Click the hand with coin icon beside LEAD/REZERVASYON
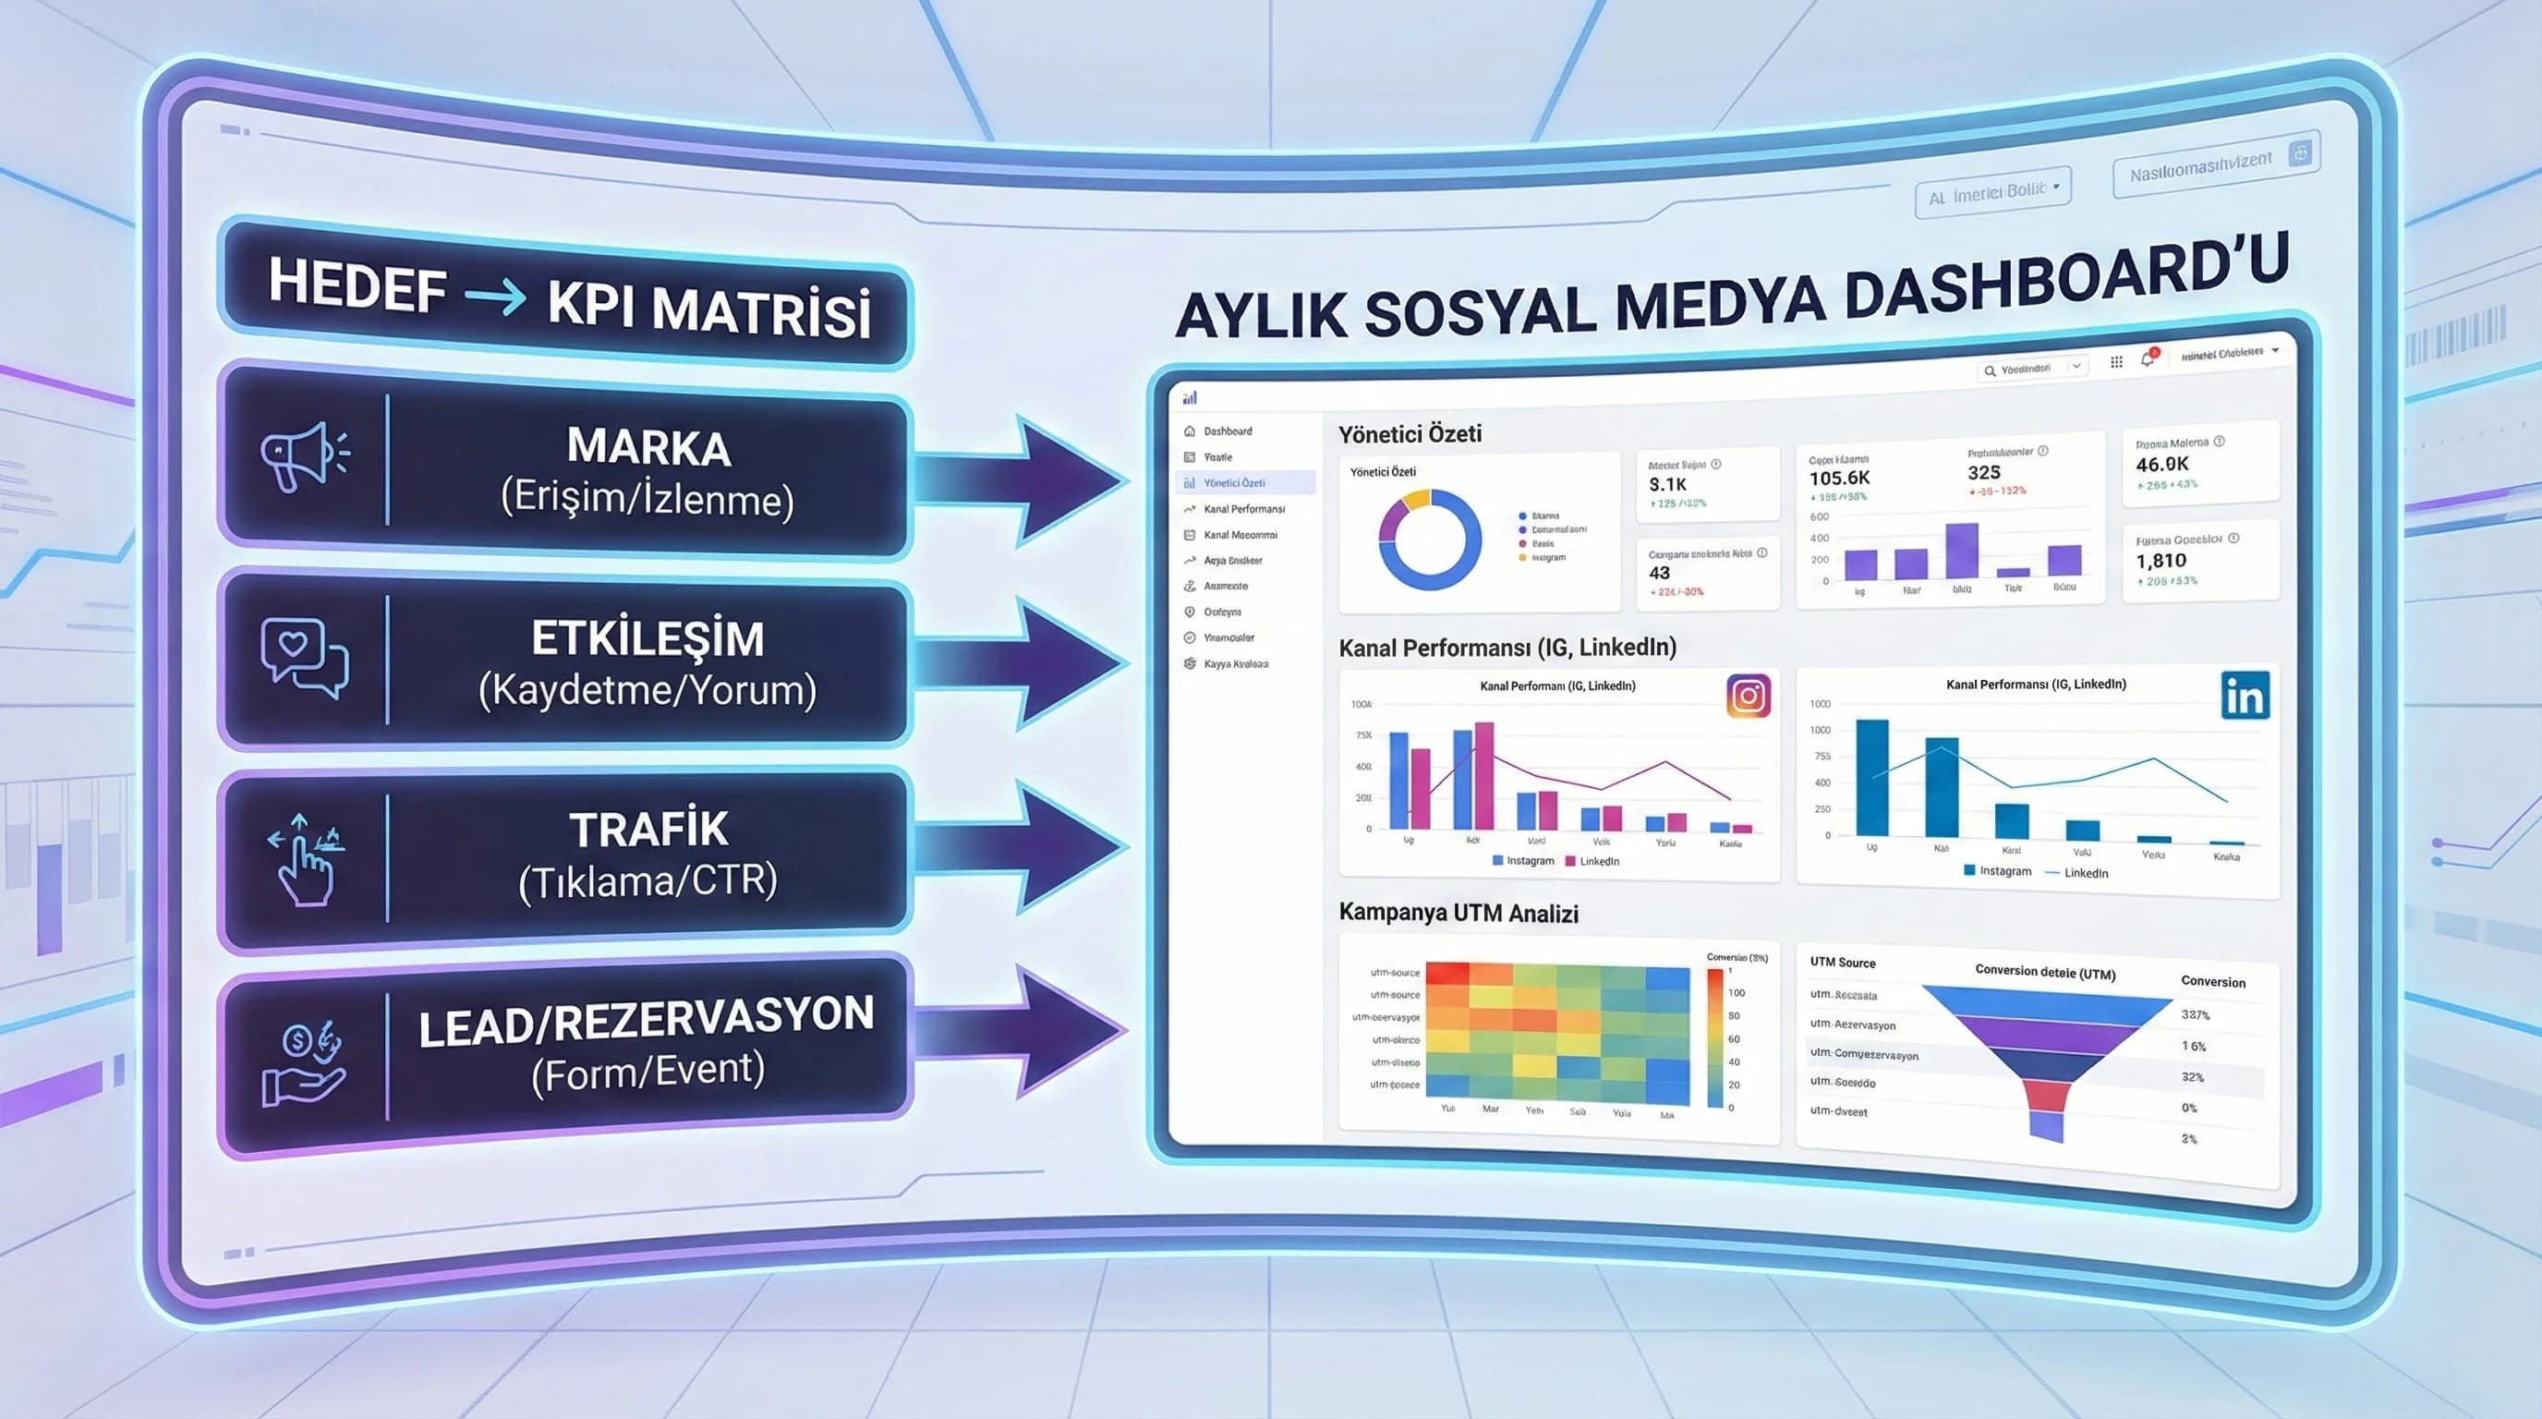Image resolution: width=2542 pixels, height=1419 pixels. [x=303, y=1066]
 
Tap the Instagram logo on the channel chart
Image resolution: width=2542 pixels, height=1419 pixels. [x=1748, y=696]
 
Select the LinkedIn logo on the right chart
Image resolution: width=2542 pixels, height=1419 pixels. [x=2244, y=697]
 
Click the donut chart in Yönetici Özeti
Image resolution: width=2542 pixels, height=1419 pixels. [x=1429, y=540]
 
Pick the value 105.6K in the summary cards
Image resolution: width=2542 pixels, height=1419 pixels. [x=1838, y=479]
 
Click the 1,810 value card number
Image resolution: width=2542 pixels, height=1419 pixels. [x=2161, y=561]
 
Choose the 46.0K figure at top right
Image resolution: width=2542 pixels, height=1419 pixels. [x=2161, y=464]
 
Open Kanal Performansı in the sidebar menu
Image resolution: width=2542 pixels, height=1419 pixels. [x=1243, y=509]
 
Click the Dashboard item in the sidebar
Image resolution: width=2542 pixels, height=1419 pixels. [x=1227, y=431]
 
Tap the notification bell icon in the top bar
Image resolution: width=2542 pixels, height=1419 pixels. [x=2147, y=360]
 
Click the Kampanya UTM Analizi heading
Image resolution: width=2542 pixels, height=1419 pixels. [x=1458, y=913]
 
